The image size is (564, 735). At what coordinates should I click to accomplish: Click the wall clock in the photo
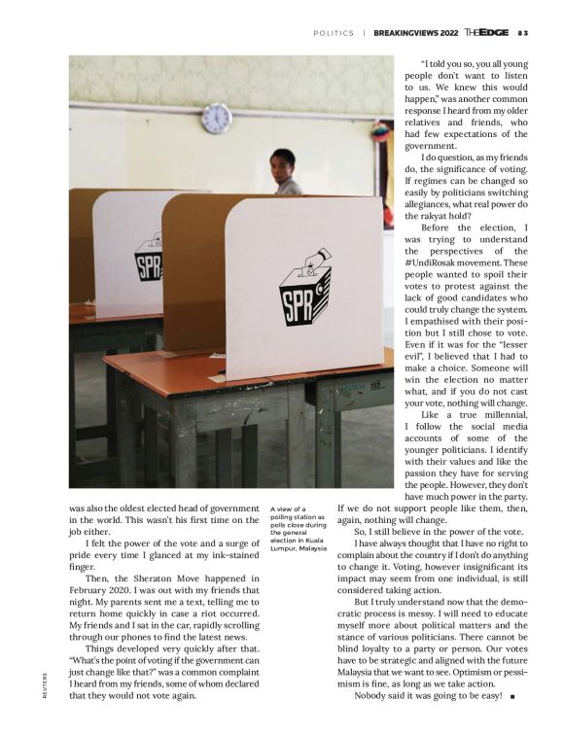(216, 119)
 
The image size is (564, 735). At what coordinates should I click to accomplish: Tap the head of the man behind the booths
(283, 162)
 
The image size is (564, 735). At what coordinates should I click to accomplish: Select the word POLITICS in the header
(334, 33)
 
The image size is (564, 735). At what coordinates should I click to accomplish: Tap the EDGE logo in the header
(486, 32)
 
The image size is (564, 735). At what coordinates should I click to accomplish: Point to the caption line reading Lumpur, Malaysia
(300, 547)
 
